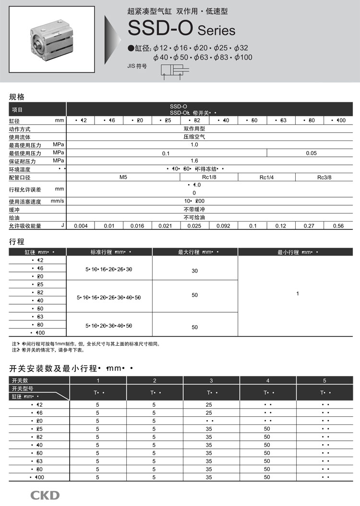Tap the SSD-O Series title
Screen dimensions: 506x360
coord(181,30)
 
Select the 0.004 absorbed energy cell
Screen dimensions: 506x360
coord(81,226)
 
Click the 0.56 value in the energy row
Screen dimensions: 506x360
coord(338,226)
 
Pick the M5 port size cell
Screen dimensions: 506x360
coord(123,177)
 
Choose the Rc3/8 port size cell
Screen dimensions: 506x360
coord(324,177)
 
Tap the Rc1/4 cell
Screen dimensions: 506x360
coord(266,177)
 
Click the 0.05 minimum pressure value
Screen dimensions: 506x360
coord(311,153)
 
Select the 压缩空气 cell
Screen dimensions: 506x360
coord(194,137)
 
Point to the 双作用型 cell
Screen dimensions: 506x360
coord(194,129)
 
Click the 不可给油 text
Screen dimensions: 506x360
coord(194,218)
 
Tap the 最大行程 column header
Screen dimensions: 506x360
coord(195,252)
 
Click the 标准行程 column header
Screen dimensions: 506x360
coord(109,252)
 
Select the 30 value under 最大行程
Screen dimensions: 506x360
coord(194,271)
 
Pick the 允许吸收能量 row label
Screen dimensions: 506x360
coord(25,226)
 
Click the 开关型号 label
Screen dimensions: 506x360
coord(23,388)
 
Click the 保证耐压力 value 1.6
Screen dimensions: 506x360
coord(194,161)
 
